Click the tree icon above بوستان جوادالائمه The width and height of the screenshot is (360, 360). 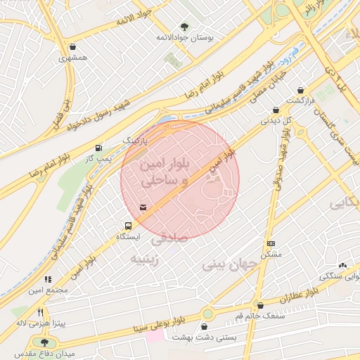pyautogui.click(x=184, y=25)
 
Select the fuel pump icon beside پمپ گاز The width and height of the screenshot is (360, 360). pyautogui.click(x=97, y=148)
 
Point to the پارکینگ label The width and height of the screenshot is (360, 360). pyautogui.click(x=136, y=141)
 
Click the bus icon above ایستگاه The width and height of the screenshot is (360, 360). pyautogui.click(x=128, y=226)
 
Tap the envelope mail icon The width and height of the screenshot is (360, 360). pyautogui.click(x=143, y=207)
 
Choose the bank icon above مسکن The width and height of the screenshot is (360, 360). pyautogui.click(x=271, y=243)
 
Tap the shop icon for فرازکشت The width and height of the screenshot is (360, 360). pyautogui.click(x=301, y=90)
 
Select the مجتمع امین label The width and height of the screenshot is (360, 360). pyautogui.click(x=48, y=290)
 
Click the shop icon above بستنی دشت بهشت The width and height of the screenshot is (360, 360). pyautogui.click(x=205, y=327)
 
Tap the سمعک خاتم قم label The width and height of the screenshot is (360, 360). pyautogui.click(x=262, y=316)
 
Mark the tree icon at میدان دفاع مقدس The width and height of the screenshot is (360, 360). pyautogui.click(x=45, y=342)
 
